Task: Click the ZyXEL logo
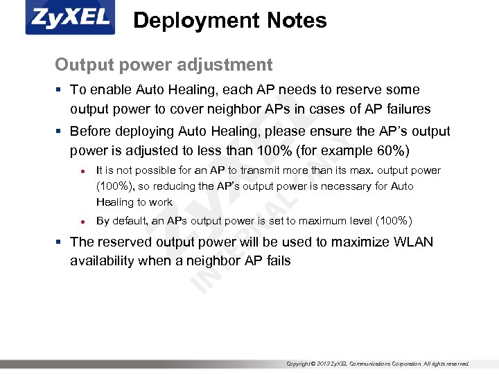pyautogui.click(x=70, y=19)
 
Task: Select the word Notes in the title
pyautogui.click(x=293, y=21)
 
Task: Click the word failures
pyautogui.click(x=404, y=109)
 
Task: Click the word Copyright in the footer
pyautogui.click(x=299, y=364)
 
